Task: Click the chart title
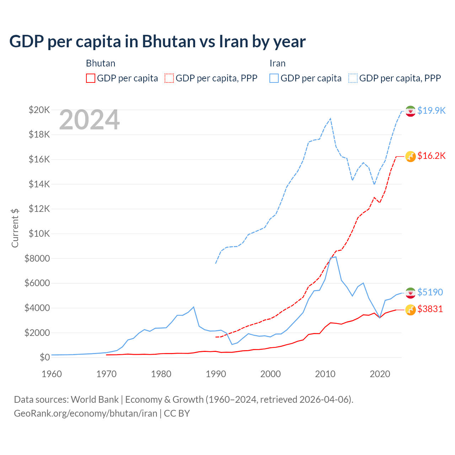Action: (x=157, y=41)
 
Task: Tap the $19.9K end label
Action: (x=431, y=111)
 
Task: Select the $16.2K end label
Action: (x=431, y=156)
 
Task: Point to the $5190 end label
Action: (x=430, y=292)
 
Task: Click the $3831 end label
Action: (x=430, y=309)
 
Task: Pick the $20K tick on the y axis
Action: (x=39, y=110)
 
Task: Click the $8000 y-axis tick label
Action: (x=37, y=258)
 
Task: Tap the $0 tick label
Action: (x=44, y=357)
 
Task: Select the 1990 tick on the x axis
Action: (x=216, y=374)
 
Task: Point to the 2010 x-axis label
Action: (x=325, y=374)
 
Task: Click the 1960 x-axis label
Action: (x=52, y=374)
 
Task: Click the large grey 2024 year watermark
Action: (x=90, y=120)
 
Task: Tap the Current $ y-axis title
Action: (x=15, y=228)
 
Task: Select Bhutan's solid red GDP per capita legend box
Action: (x=91, y=78)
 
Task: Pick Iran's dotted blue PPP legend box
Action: (x=353, y=78)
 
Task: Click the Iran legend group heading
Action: (x=277, y=63)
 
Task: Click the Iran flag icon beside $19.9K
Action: (x=411, y=111)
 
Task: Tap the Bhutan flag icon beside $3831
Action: (x=411, y=310)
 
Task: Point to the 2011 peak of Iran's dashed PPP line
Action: (x=331, y=119)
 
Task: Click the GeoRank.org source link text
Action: (x=85, y=413)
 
